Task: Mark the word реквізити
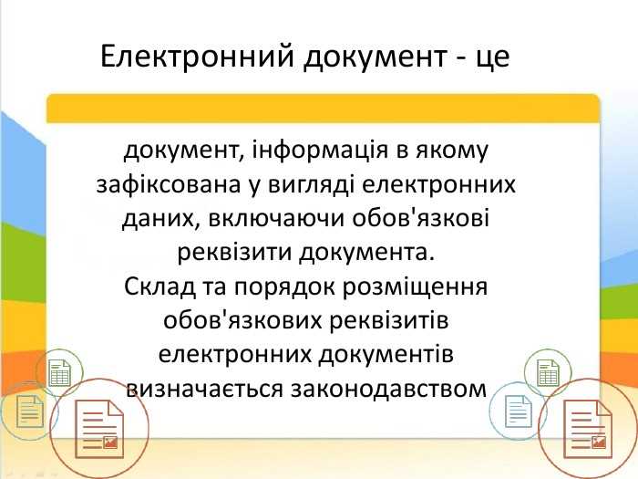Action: pyautogui.click(x=224, y=252)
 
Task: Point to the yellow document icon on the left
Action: pyautogui.click(x=29, y=412)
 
